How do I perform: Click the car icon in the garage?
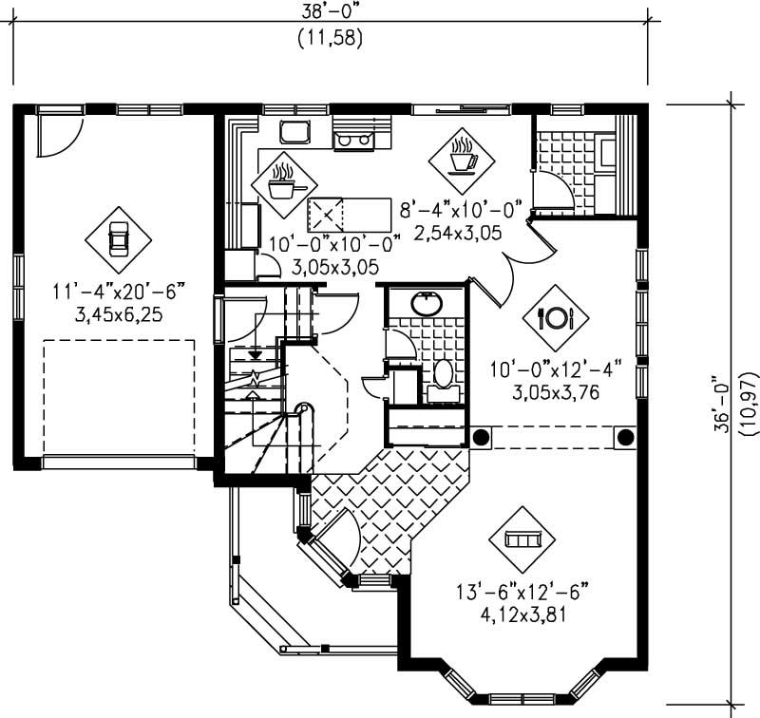[118, 239]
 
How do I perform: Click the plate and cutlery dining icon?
[555, 318]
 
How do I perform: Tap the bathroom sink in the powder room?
[426, 304]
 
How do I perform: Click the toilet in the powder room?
[444, 372]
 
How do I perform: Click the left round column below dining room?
[482, 437]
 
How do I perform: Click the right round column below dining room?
[625, 437]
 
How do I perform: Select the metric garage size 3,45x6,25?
[118, 312]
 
